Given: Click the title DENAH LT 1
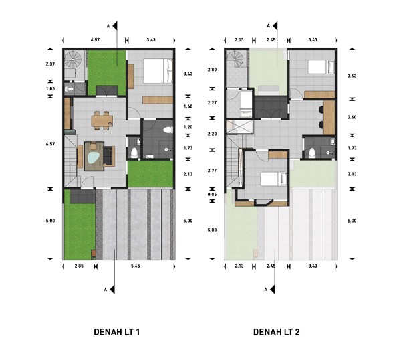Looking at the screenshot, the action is click(x=116, y=332).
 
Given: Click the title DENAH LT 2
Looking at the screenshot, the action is click(x=276, y=332).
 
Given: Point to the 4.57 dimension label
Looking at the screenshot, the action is click(x=95, y=40).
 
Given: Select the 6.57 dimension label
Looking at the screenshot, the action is click(x=50, y=144).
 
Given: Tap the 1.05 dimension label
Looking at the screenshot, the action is click(x=50, y=89).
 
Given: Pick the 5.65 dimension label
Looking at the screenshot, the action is click(x=135, y=266).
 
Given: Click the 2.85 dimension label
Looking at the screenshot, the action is click(x=79, y=266).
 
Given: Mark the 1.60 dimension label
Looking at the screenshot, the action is click(x=188, y=106).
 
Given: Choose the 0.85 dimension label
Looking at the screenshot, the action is click(x=212, y=194).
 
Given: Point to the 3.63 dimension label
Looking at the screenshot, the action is click(x=352, y=76).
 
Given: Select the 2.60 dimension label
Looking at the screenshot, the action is click(x=352, y=117).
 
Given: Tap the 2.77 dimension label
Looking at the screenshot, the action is click(x=212, y=170).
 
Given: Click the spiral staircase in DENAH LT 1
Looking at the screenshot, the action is click(x=73, y=60).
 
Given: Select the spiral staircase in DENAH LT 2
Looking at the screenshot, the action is click(x=235, y=58).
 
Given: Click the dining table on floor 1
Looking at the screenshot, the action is click(x=102, y=121).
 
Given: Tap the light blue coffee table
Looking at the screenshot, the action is click(x=94, y=158).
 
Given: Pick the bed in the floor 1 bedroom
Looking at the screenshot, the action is click(x=158, y=71).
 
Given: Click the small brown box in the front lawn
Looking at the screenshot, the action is click(x=94, y=253).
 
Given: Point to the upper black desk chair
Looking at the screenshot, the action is click(x=321, y=110).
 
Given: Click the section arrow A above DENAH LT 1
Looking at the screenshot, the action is click(x=115, y=26).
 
